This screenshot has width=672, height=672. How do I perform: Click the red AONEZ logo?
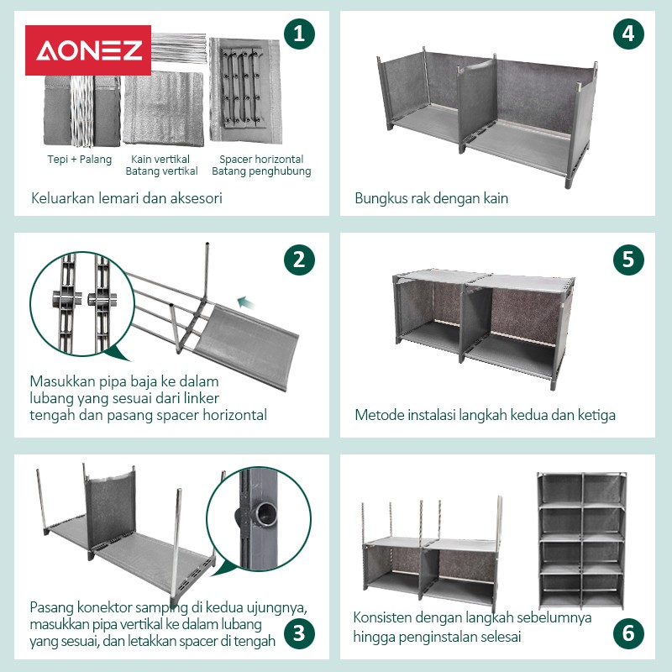(88, 50)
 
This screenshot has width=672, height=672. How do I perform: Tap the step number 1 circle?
(299, 34)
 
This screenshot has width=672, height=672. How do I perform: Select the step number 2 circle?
(299, 260)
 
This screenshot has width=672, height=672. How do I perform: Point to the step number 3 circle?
(299, 633)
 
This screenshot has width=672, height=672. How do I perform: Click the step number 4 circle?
(628, 34)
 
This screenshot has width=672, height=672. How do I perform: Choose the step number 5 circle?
(628, 260)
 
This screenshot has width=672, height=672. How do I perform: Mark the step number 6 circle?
(628, 633)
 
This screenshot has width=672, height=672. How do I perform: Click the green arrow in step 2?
(246, 302)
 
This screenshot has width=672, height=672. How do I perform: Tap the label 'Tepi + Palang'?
(79, 160)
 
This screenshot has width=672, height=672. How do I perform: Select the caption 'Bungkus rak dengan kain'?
(432, 198)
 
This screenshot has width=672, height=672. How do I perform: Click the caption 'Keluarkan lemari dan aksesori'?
(127, 198)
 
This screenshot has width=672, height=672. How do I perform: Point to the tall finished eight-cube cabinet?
(581, 541)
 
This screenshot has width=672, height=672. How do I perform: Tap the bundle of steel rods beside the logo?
(178, 48)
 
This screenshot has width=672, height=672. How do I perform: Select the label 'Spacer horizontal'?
(261, 160)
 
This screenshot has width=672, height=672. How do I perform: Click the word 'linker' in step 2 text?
(202, 398)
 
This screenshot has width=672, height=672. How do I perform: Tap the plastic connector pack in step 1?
(242, 89)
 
